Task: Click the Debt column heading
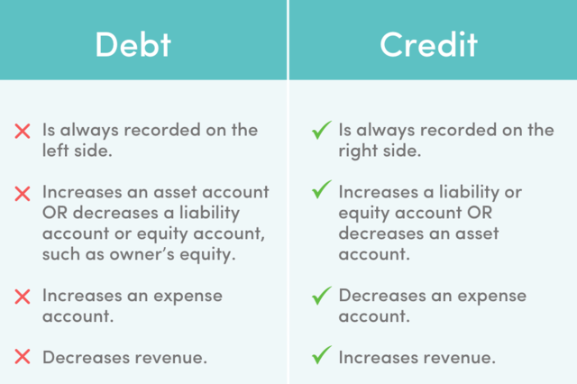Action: coord(133,44)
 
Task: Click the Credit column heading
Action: coord(429,44)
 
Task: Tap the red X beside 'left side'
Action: coord(23,132)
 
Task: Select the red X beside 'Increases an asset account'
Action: coord(23,194)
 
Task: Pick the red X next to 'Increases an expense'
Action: coord(23,297)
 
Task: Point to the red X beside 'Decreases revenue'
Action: coord(23,357)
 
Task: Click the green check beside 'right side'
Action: coord(321,130)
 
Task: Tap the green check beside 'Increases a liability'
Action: coord(321,189)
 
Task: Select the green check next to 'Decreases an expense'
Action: coord(321,296)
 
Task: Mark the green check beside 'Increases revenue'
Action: coord(321,355)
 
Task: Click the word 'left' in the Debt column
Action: coord(54,151)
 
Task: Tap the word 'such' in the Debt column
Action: coord(61,254)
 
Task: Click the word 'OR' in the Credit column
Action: coord(480,213)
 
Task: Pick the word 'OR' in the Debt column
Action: coord(55,213)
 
